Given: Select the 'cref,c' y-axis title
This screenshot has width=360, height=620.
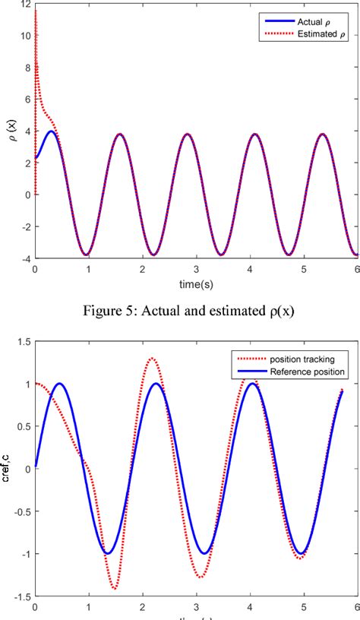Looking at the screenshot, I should tap(7, 469).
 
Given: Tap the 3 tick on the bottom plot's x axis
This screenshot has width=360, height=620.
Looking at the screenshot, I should tap(196, 606).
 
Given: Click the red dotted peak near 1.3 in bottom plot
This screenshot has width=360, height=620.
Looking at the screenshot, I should tap(153, 359).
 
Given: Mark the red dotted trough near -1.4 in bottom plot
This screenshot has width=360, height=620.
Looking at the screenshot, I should tap(115, 588).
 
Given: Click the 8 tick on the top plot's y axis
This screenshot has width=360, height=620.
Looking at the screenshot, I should tap(27, 67).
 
